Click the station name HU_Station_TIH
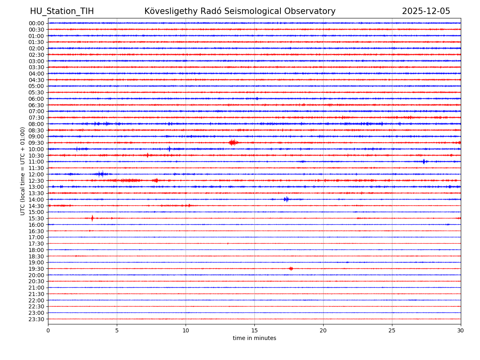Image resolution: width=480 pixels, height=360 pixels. (x=62, y=11)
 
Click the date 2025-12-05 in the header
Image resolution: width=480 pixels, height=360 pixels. (x=426, y=11)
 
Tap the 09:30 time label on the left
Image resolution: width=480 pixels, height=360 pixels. (x=36, y=143)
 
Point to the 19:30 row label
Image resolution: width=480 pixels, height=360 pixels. (x=36, y=269)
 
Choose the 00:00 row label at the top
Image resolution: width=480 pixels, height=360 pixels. (x=36, y=23)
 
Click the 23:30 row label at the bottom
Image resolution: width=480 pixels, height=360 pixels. (x=36, y=319)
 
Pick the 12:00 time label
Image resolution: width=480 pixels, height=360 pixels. (x=36, y=174)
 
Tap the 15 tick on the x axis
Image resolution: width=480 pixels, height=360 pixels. (x=254, y=331)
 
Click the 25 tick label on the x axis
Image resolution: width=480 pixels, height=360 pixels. (x=392, y=331)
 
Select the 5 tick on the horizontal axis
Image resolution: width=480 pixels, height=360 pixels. (x=117, y=331)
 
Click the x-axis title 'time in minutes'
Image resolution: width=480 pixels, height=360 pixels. (x=254, y=338)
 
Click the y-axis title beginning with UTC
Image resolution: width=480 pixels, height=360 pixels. (x=23, y=171)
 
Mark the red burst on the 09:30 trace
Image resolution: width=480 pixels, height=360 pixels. (x=233, y=142)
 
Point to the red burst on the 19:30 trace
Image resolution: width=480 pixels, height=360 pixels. (x=291, y=269)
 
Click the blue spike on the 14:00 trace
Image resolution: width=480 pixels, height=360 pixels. (x=286, y=199)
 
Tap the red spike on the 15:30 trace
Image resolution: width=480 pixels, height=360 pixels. (x=92, y=218)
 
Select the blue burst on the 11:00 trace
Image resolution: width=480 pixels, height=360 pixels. (x=424, y=162)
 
